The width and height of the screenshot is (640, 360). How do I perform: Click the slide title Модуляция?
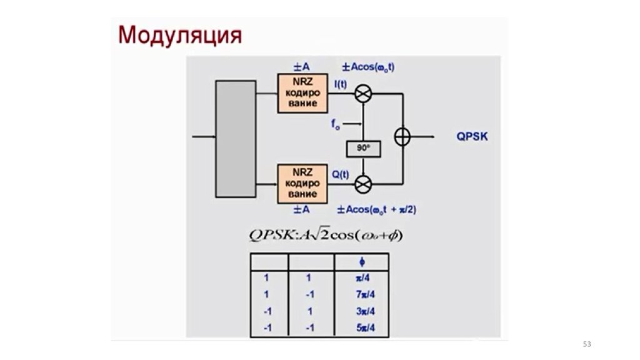pyautogui.click(x=180, y=34)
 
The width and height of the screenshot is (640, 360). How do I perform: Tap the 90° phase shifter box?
pyautogui.click(x=363, y=149)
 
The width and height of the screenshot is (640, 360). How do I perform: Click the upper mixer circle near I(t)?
pyautogui.click(x=363, y=93)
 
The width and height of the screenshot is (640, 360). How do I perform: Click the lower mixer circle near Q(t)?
pyautogui.click(x=363, y=184)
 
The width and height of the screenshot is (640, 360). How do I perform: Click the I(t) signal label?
pyautogui.click(x=340, y=84)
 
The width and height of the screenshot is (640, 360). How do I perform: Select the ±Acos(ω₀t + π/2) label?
pyautogui.click(x=377, y=209)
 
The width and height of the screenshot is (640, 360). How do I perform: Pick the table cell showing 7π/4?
pyautogui.click(x=362, y=294)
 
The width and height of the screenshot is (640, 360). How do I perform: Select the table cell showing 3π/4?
pyautogui.click(x=362, y=311)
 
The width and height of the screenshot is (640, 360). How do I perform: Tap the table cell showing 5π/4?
pyautogui.click(x=362, y=327)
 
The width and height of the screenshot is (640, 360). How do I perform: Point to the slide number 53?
pyautogui.click(x=586, y=344)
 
